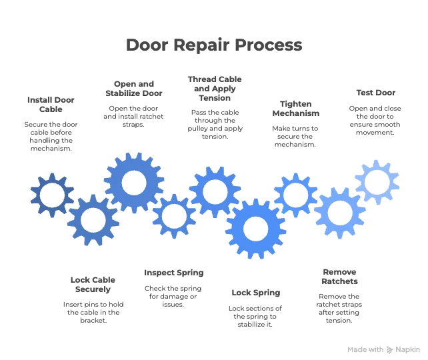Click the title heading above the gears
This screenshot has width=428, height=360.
(213, 45)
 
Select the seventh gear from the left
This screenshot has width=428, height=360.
(296, 195)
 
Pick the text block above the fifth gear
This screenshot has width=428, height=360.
(215, 108)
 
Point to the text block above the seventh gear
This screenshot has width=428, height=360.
(296, 123)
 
